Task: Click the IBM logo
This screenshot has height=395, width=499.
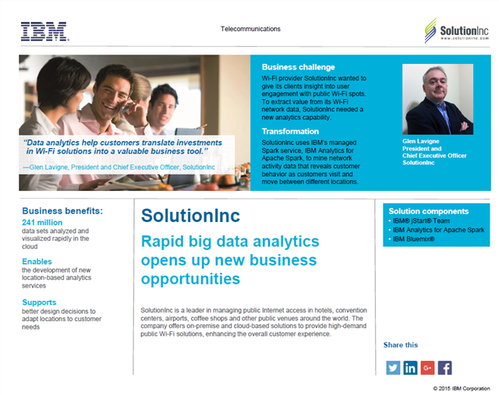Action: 44,31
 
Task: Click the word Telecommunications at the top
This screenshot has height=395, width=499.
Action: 250,29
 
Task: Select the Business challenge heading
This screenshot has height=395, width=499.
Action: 299,67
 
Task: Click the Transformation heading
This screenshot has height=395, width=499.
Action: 291,131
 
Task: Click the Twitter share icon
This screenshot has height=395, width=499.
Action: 393,368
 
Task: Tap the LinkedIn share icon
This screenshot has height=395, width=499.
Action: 410,368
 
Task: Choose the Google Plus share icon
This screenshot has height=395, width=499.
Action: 427,368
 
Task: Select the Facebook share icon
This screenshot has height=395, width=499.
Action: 444,368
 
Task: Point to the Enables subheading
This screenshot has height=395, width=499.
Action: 37,262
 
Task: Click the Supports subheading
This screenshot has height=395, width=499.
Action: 39,302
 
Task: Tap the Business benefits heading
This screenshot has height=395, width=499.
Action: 62,210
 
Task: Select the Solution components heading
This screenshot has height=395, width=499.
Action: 429,211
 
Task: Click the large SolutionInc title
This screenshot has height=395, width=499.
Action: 191,216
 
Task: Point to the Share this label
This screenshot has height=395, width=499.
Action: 401,344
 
